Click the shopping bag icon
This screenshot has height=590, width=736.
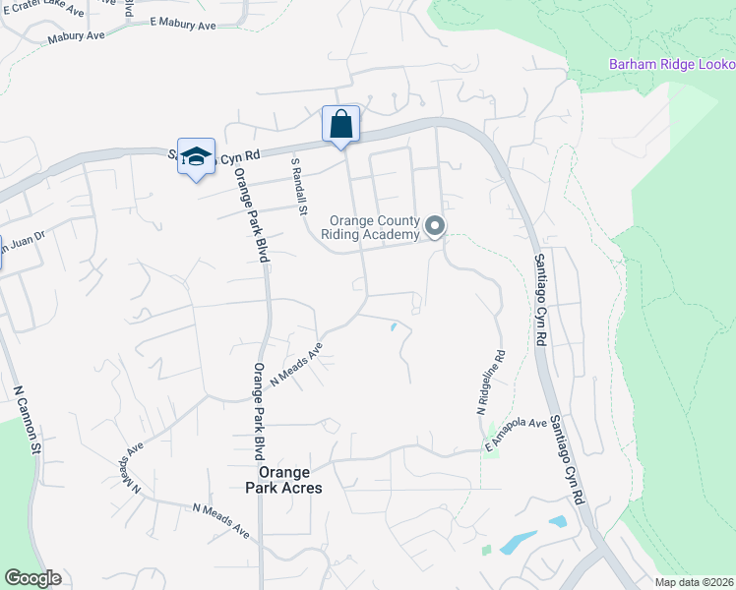point(340,125)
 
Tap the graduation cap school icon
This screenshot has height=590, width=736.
point(196,156)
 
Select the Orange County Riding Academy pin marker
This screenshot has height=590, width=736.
point(435,228)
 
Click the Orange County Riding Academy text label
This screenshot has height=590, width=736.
point(374,228)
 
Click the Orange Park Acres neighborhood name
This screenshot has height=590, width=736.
point(283,479)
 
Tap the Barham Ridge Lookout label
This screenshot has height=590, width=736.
point(672,65)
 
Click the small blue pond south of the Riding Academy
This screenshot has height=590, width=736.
point(394,326)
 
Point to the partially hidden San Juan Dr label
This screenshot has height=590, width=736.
point(20,245)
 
